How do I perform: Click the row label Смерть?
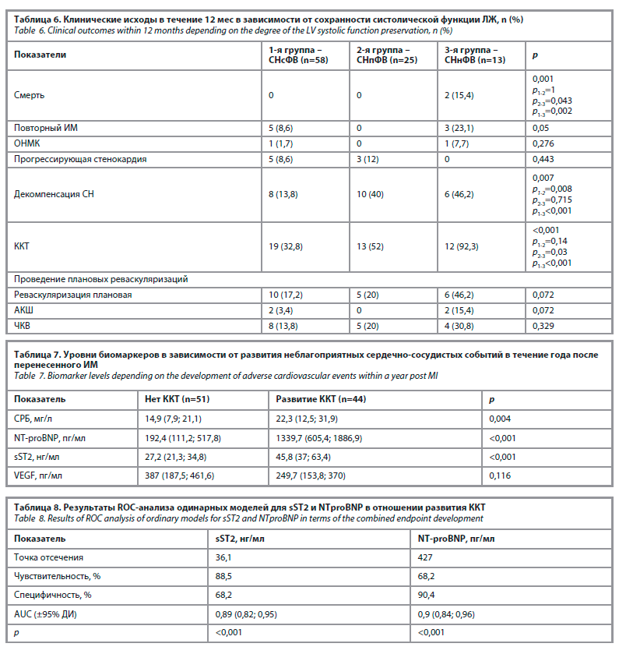coord(29,95)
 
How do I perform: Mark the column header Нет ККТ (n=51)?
coord(178,399)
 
